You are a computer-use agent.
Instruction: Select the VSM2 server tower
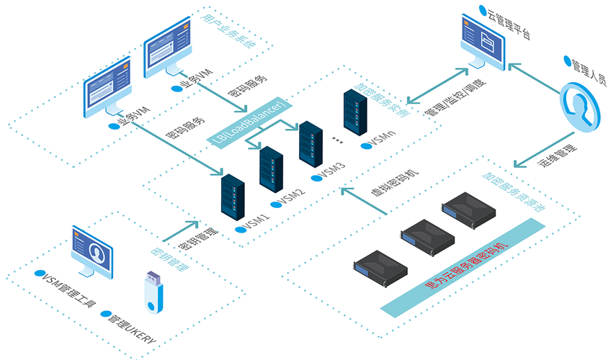[272, 168]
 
